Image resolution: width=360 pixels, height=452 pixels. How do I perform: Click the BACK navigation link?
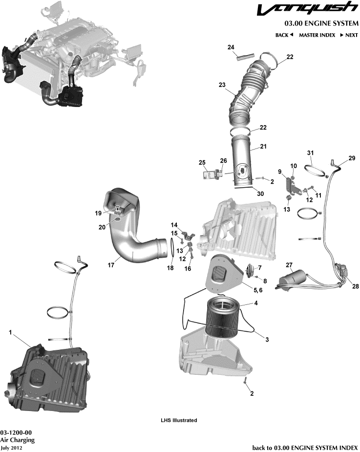point(284,35)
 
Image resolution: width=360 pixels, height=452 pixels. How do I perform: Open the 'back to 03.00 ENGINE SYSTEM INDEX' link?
point(305,447)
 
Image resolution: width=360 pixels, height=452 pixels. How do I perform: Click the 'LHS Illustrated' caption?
point(179,420)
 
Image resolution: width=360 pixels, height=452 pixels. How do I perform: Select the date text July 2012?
point(11,447)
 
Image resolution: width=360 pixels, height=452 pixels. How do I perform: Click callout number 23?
point(222,85)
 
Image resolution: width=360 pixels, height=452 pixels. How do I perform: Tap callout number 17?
point(111,265)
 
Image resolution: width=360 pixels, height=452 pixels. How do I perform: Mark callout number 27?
point(289,265)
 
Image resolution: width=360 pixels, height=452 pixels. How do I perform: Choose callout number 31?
point(310,153)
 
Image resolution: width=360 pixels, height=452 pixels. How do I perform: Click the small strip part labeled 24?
point(243,56)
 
